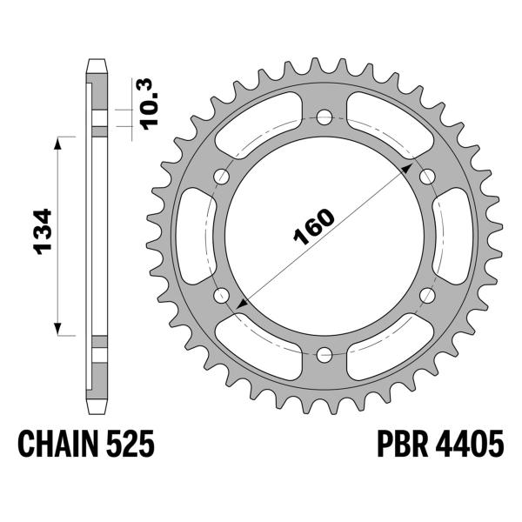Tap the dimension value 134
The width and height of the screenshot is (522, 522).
43,234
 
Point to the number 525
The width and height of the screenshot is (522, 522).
132,446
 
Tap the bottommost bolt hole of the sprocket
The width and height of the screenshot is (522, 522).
324,354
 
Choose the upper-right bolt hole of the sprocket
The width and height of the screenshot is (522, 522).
427,176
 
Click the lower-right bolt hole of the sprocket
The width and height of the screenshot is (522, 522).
427,295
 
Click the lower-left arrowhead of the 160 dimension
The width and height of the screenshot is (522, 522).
239,303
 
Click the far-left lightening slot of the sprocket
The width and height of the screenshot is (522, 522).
193,235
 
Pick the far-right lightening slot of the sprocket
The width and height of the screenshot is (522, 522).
453,235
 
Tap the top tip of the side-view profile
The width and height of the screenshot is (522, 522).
97,61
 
